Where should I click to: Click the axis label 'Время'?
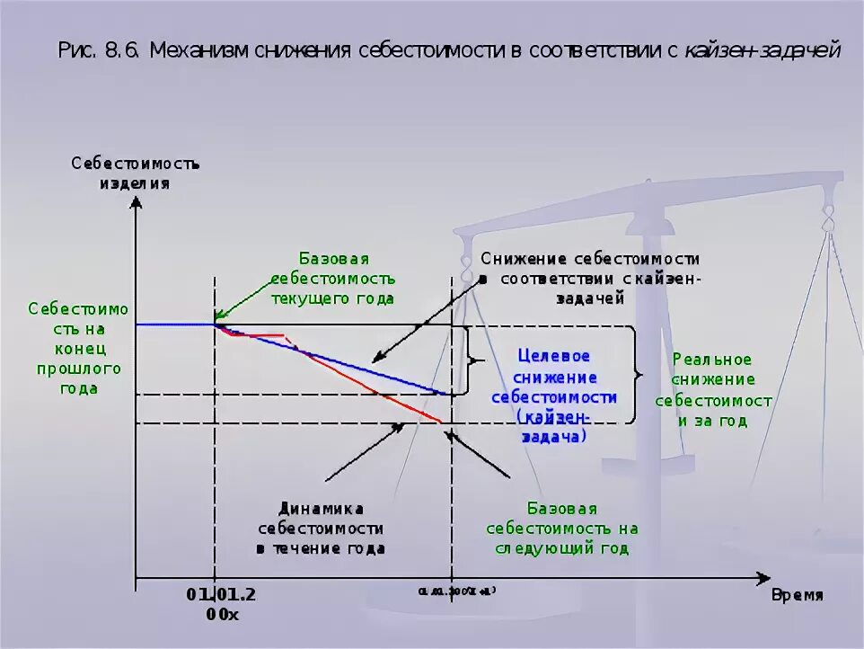pos(797,595)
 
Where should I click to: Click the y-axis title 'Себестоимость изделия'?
pos(135,173)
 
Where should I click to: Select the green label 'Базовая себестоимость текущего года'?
pos(333,279)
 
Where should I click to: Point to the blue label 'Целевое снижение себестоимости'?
pos(553,377)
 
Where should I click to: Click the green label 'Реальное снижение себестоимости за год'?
pos(712,388)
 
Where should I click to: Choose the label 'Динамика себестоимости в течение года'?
pos(320,528)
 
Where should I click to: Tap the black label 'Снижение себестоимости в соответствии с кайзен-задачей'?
pos(589,278)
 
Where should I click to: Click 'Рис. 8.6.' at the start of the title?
pos(100,50)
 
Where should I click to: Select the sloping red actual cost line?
pos(377,391)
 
